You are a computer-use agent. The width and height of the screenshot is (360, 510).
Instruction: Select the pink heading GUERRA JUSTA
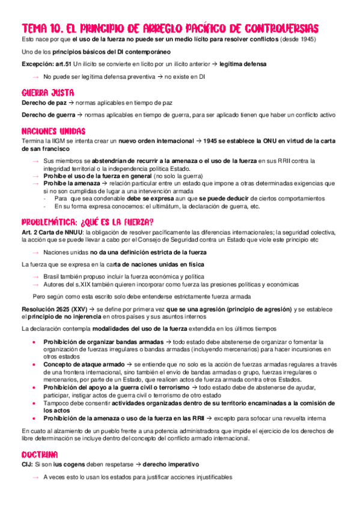47,93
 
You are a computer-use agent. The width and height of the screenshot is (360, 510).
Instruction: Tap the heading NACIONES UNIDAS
53,131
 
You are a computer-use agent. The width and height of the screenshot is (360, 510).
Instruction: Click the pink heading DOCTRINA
40,454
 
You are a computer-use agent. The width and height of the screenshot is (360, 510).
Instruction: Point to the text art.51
64,64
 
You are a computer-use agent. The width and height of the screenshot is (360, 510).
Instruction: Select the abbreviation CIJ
26,464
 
